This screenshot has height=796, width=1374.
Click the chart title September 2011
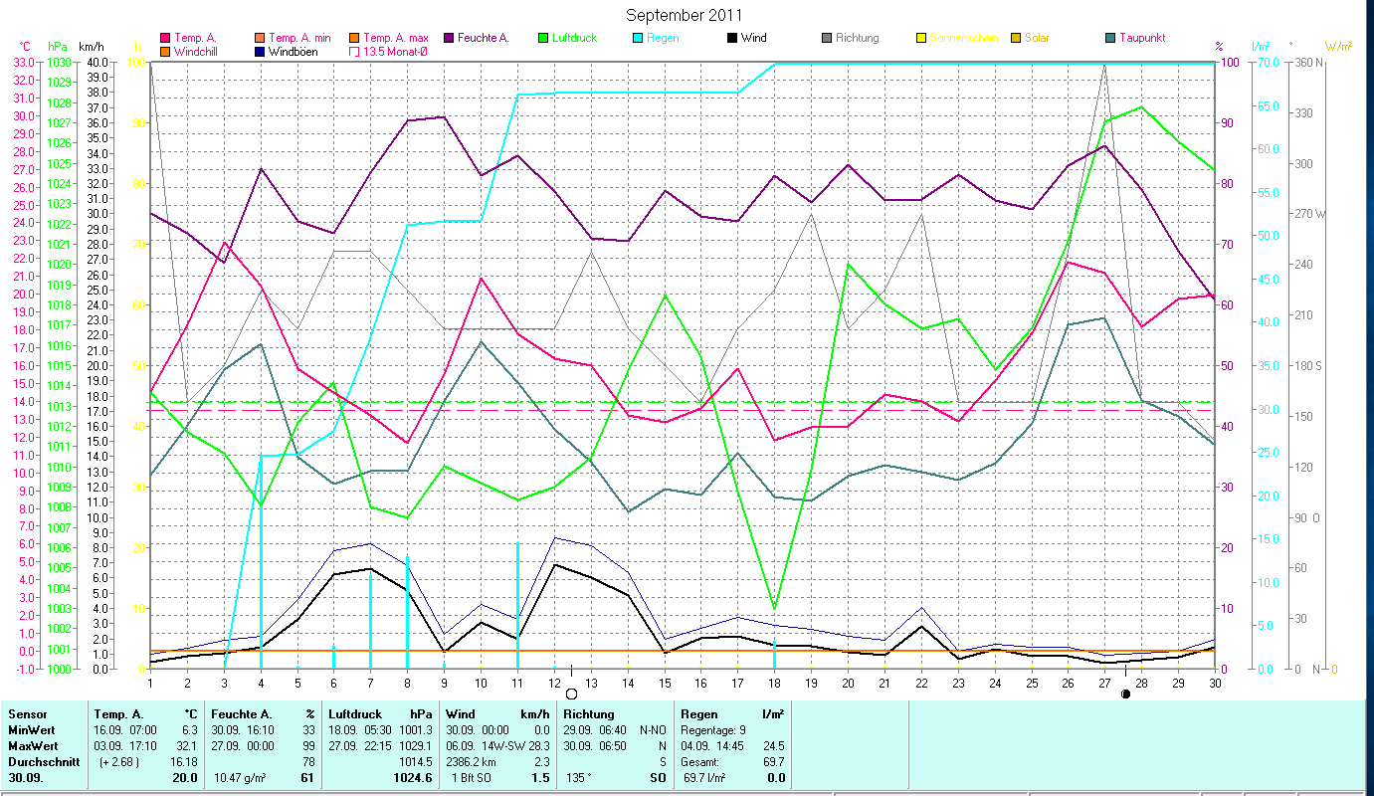pyautogui.click(x=686, y=15)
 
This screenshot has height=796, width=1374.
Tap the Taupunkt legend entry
pyautogui.click(x=1141, y=38)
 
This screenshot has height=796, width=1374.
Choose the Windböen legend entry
pyautogui.click(x=292, y=51)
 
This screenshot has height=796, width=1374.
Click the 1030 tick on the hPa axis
pyautogui.click(x=59, y=62)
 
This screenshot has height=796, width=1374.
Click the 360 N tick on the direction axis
pyautogui.click(x=1305, y=62)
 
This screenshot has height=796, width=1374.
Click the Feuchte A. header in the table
pyautogui.click(x=240, y=714)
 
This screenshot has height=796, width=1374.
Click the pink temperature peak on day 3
pyautogui.click(x=225, y=243)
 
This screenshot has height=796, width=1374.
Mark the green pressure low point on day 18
pyautogui.click(x=775, y=608)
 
